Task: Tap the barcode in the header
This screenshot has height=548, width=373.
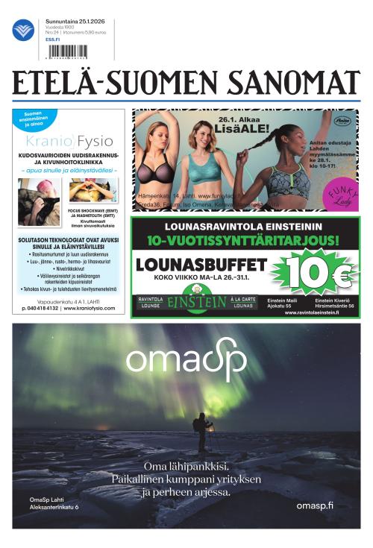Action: (x=66, y=51)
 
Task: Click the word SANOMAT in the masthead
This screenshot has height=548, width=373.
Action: (x=294, y=84)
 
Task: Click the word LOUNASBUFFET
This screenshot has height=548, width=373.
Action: (x=201, y=265)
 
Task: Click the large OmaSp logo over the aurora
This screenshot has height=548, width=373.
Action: (x=186, y=362)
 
